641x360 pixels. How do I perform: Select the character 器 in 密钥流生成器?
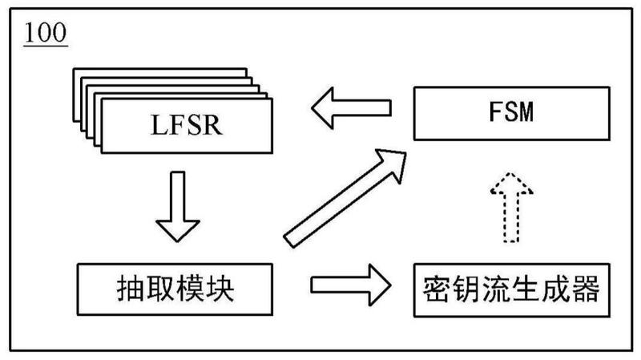click(x=583, y=289)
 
